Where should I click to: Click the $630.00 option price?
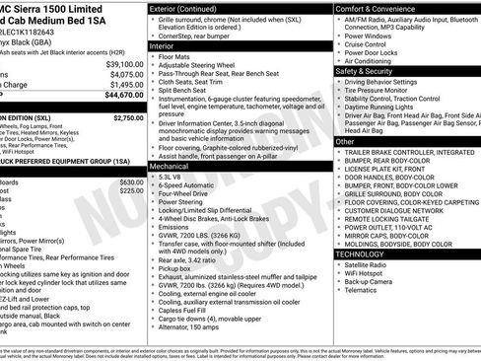tap(131, 182)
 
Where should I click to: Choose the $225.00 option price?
tap(131, 191)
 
